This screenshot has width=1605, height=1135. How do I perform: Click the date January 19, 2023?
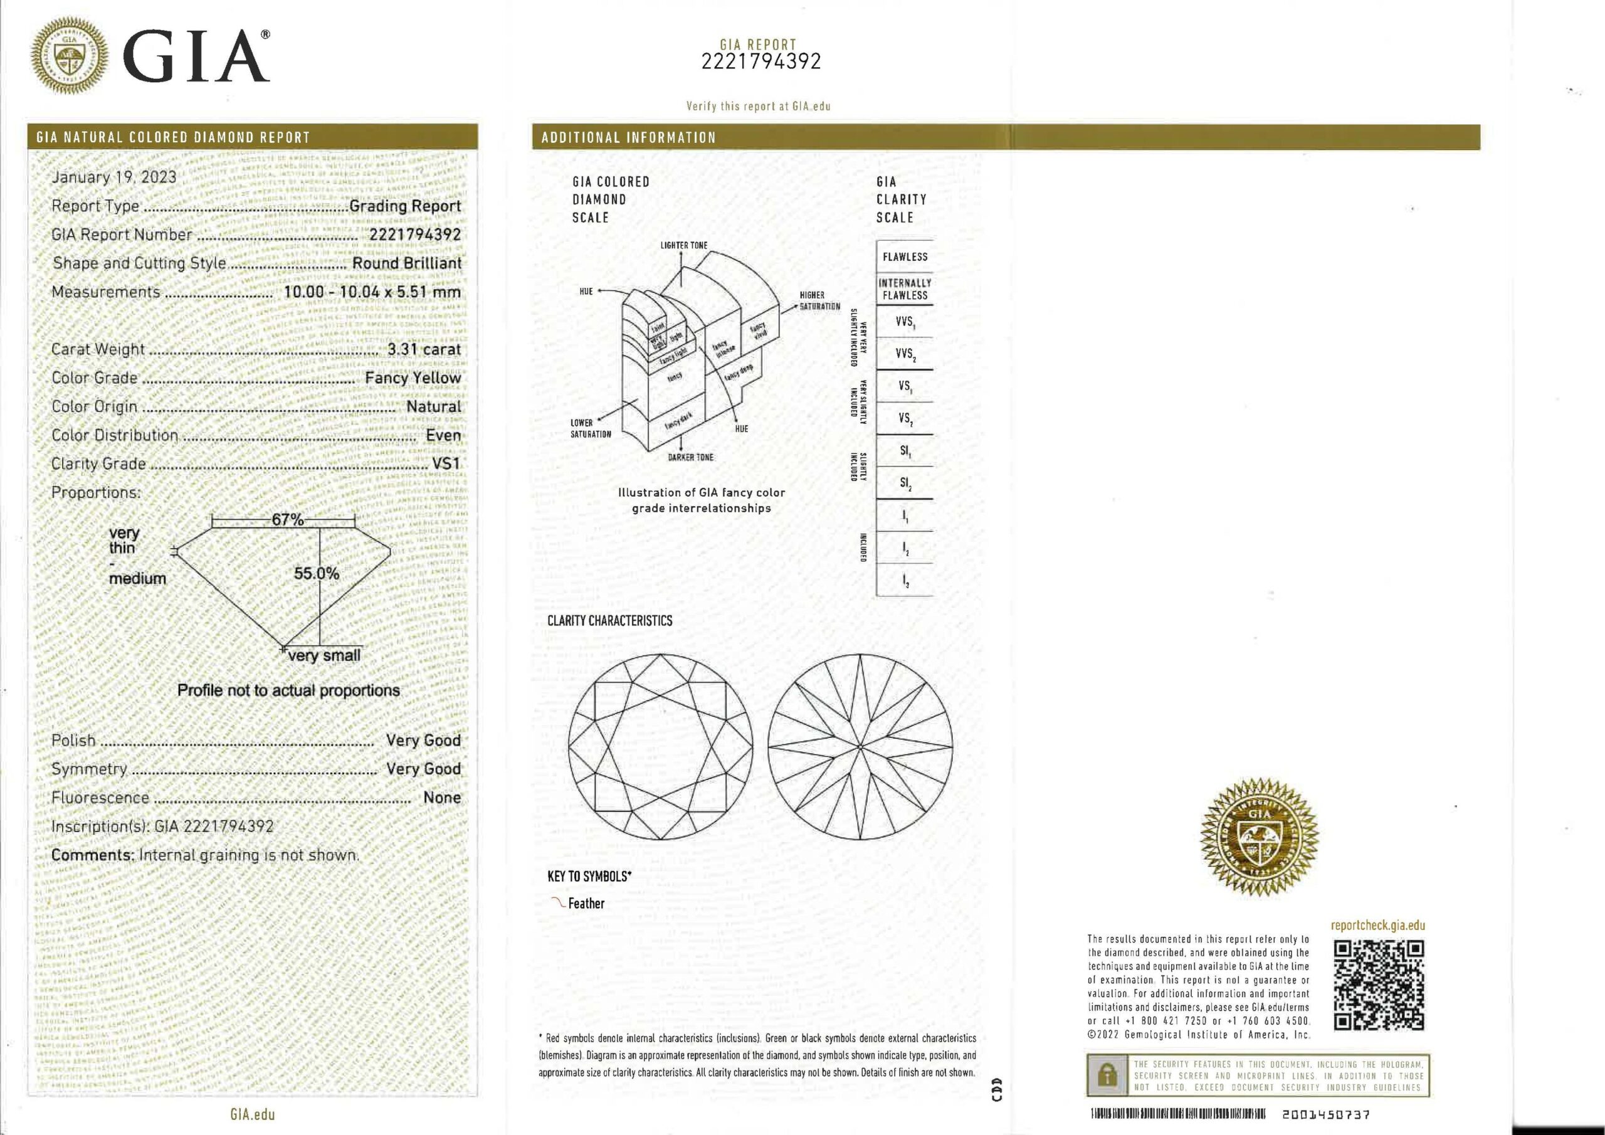click(x=114, y=177)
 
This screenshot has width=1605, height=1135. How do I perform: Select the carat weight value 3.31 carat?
click(x=424, y=349)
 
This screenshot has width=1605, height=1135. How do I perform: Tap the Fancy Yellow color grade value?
click(x=413, y=377)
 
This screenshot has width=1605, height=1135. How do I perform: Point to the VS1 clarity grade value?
click(x=446, y=463)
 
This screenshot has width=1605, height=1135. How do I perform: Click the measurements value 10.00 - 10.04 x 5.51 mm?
click(x=372, y=292)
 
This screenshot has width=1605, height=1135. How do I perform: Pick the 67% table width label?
click(x=287, y=520)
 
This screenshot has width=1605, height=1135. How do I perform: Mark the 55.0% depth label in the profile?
click(x=316, y=573)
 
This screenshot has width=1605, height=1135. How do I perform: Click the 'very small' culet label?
click(x=324, y=655)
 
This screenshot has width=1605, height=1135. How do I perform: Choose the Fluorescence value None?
click(x=442, y=797)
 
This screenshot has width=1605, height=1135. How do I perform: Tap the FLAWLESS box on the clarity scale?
click(x=905, y=256)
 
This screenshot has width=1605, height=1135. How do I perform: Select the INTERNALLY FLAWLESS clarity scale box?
click(x=905, y=289)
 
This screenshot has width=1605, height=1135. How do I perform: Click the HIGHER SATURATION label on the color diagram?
click(x=819, y=301)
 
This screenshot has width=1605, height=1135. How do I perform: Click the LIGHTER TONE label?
click(x=683, y=245)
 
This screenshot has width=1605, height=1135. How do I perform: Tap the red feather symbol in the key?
click(x=558, y=902)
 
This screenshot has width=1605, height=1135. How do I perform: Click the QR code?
click(x=1379, y=985)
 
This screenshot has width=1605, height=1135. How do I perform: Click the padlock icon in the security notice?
click(x=1107, y=1075)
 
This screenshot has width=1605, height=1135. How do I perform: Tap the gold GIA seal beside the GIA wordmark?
click(x=70, y=55)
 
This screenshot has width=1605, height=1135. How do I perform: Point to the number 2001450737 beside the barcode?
click(x=1325, y=1115)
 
